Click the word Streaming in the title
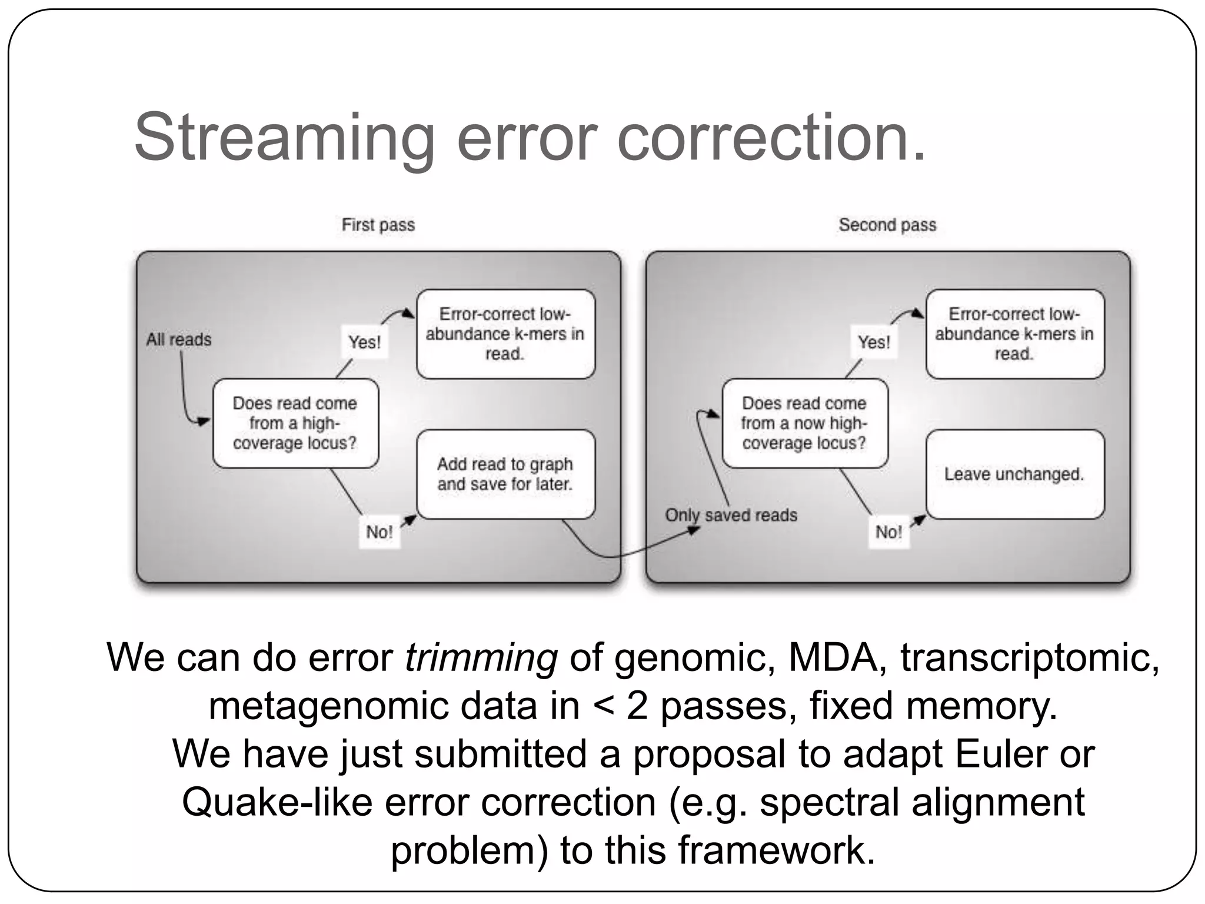pos(285,138)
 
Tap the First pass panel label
pos(378,225)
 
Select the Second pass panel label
pos(887,225)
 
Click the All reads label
pos(179,340)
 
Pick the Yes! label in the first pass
pos(364,342)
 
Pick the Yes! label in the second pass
pos(874,342)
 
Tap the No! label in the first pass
pos(379,532)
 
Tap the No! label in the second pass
pos(888,532)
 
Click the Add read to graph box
pos(505,474)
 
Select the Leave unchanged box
pos(1014,474)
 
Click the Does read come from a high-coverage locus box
pos(295,423)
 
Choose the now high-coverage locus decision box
pos(804,423)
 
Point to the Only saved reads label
pos(731,515)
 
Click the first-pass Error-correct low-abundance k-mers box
pos(505,334)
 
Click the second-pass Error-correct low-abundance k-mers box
pos(1014,334)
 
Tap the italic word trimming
pos(481,657)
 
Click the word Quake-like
pos(277,802)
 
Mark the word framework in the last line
pos(775,850)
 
